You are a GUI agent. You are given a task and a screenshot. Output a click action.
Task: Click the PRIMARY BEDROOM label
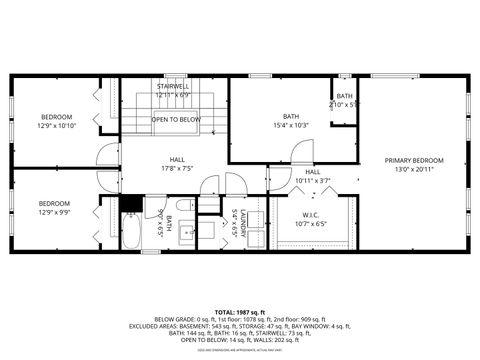(414, 160)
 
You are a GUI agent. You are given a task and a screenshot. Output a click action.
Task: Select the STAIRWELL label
(174, 87)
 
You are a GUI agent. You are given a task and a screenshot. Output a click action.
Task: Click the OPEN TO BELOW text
(176, 119)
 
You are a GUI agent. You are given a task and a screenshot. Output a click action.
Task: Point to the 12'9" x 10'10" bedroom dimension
(57, 125)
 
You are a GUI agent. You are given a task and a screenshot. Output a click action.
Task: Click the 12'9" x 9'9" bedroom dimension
(57, 212)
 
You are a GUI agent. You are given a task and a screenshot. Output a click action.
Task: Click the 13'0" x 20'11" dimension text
(414, 169)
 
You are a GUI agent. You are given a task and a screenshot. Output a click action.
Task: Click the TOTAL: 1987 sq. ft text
(240, 311)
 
